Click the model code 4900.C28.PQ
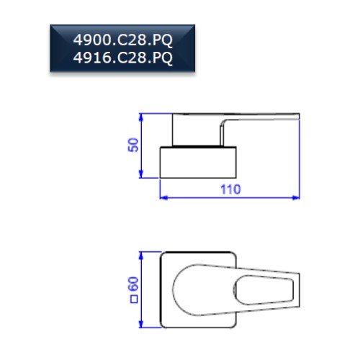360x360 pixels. click(122, 40)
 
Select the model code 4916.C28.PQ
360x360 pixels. click(122, 58)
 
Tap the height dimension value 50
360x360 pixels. click(133, 145)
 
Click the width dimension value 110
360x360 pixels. click(230, 189)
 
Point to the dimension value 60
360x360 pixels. click(133, 284)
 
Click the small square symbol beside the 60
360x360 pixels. click(134, 300)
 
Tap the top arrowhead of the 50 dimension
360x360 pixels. click(141, 117)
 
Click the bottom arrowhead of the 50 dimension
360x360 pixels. click(141, 174)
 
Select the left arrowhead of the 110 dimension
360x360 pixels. click(163, 198)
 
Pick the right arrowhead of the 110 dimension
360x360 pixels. click(296, 198)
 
